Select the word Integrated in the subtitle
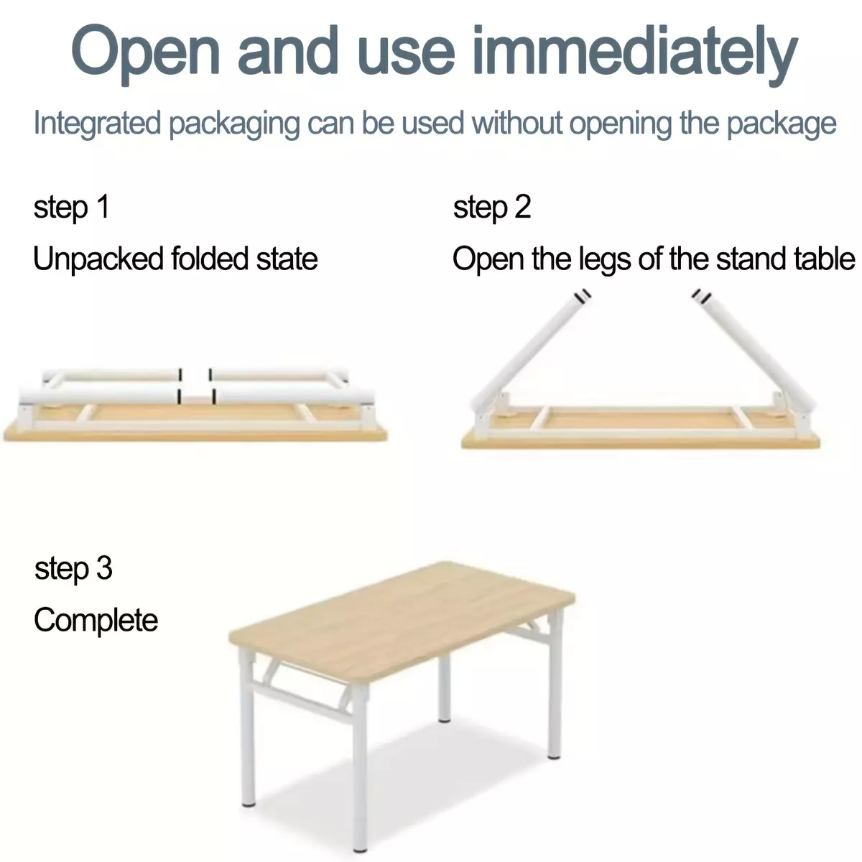97,123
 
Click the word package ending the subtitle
781,124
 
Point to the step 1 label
72,208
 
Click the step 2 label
492,208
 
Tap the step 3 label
73,569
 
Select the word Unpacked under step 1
98,259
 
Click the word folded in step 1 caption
209,259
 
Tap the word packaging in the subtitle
234,124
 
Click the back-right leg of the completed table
555,685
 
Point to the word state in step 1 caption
287,259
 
